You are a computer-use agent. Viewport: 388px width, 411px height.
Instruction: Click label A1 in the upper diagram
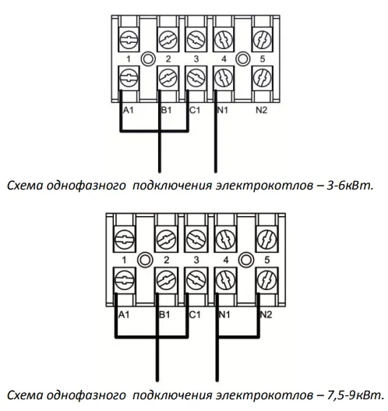129,110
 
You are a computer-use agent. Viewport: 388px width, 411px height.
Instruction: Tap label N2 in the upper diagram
261,110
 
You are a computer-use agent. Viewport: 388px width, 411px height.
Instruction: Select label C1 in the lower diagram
195,314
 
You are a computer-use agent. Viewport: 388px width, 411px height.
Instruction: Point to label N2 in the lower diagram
266,314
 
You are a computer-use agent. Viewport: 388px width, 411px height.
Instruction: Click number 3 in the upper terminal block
196,59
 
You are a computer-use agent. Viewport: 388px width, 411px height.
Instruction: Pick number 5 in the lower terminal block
266,260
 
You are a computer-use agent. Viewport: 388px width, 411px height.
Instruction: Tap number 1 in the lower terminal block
124,260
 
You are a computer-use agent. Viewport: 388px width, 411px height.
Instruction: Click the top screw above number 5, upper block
262,40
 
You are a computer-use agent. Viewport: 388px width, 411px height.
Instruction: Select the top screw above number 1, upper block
129,40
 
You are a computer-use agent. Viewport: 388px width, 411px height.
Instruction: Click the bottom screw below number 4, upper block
224,78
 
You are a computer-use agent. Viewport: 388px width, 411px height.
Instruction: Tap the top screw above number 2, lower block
166,239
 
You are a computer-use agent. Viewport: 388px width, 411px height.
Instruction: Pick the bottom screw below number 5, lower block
266,280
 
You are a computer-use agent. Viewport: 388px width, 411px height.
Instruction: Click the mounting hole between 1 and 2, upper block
148,59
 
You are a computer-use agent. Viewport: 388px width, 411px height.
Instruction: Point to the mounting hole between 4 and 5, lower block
246,260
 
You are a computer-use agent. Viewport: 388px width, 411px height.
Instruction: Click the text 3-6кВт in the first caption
350,186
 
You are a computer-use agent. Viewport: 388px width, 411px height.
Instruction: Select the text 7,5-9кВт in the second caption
355,395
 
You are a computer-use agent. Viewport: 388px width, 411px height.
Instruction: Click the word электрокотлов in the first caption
264,186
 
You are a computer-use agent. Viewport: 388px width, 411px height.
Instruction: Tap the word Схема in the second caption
25,395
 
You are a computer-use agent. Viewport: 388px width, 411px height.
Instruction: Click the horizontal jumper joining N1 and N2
238,337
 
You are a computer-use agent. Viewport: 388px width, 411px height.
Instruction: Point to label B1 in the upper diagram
167,110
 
